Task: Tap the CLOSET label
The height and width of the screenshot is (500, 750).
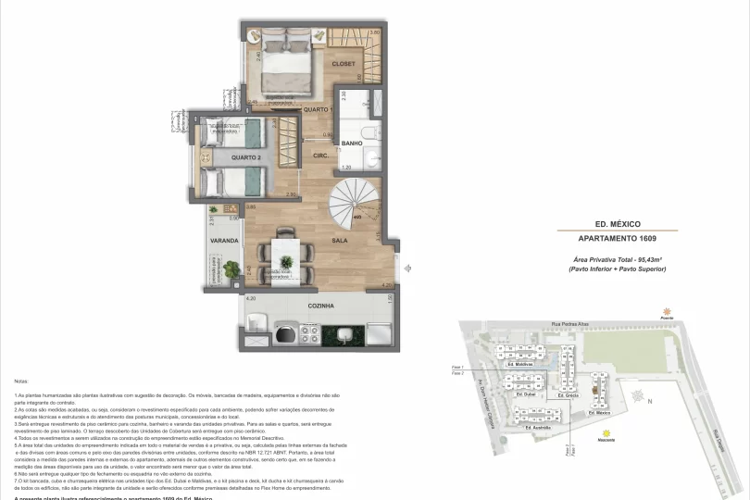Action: click(x=344, y=64)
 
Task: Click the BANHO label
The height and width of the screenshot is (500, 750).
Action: click(x=351, y=144)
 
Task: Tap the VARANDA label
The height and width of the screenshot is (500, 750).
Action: click(x=225, y=240)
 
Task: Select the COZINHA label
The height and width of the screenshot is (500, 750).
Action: click(x=321, y=305)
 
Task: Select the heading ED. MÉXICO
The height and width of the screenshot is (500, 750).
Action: click(x=618, y=223)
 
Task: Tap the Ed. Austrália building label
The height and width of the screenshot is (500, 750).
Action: click(x=539, y=428)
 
